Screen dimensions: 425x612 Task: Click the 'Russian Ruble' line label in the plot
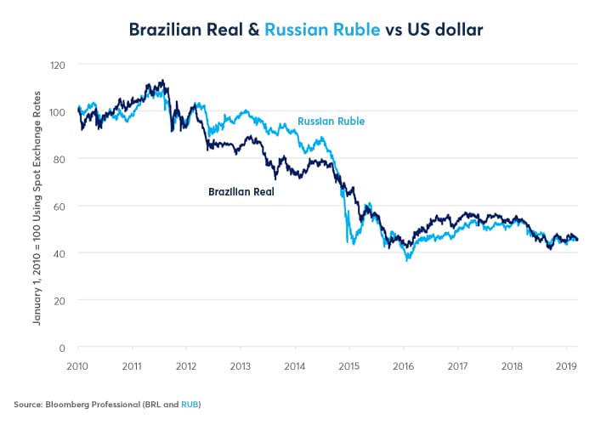[x=331, y=122]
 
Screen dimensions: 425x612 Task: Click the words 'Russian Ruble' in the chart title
[x=316, y=30]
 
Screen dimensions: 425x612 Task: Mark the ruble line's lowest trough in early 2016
[x=408, y=259]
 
